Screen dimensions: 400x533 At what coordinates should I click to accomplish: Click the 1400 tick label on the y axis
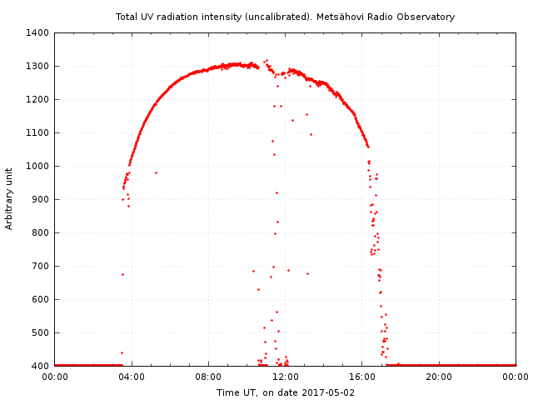tap(37, 32)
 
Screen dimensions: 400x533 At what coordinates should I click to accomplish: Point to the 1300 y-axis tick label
tap(37, 66)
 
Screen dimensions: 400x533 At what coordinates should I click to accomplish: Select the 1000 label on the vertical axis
tap(37, 166)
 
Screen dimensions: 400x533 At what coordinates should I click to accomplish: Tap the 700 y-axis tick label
tap(40, 266)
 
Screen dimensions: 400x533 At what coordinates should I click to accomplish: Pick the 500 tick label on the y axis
tap(40, 332)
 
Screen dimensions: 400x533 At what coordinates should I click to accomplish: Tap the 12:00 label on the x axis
tap(286, 377)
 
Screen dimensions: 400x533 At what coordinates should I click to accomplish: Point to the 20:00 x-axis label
tap(439, 377)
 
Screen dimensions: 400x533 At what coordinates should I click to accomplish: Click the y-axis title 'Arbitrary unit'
tap(9, 198)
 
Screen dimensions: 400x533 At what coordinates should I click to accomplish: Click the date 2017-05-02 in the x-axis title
tap(328, 392)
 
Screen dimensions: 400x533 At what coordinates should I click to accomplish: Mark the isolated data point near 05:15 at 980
tap(156, 172)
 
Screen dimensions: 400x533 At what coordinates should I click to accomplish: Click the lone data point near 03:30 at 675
tap(122, 274)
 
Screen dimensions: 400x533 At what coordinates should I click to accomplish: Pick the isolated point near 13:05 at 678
tap(307, 273)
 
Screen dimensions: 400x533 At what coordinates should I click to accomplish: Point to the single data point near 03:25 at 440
tap(122, 352)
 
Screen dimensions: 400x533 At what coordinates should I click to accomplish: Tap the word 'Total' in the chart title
tap(127, 17)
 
